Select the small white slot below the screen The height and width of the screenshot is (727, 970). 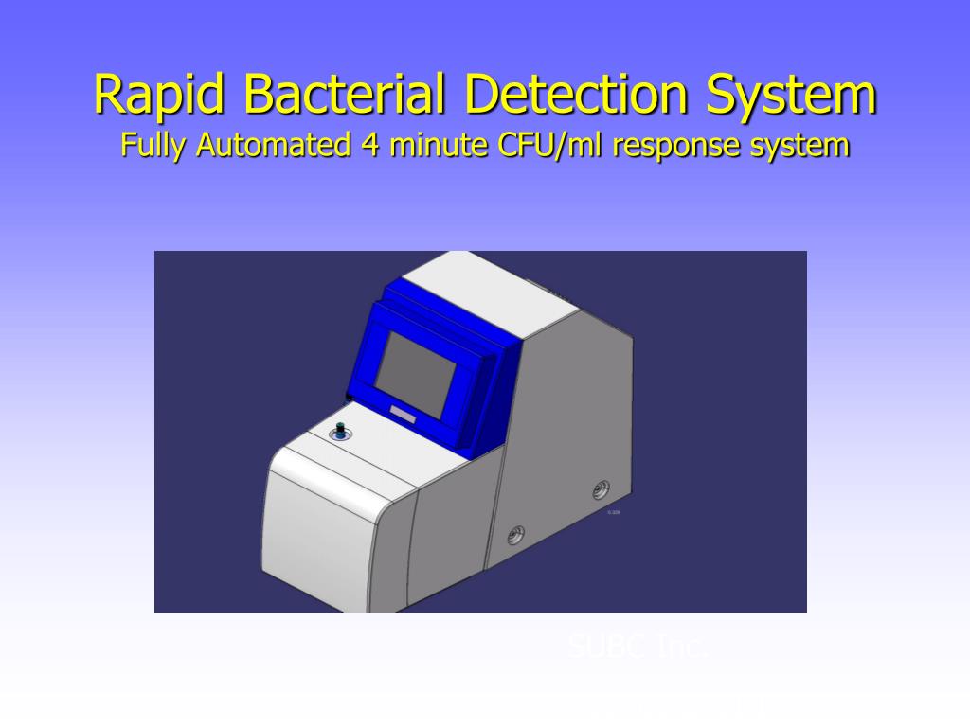point(403,413)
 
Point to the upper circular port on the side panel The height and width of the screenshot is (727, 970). point(601,489)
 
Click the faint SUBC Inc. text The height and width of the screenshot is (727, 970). point(637,647)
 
